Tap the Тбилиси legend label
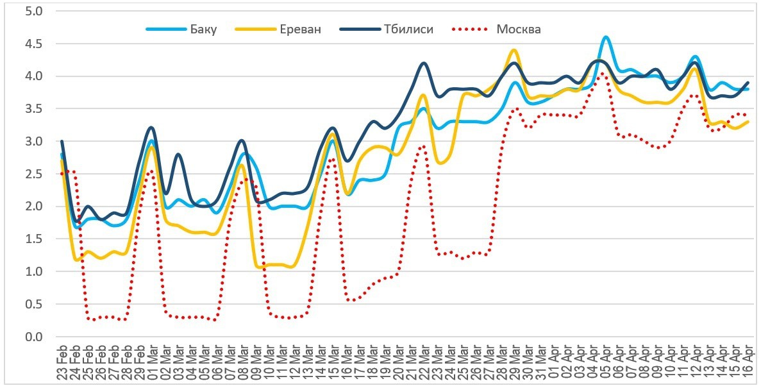(x=407, y=30)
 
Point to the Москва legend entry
(x=518, y=30)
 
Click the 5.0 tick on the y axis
(x=34, y=12)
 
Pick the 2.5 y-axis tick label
(x=34, y=174)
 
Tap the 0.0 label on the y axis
(x=34, y=337)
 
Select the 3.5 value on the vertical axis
(x=34, y=109)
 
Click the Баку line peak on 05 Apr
(x=605, y=37)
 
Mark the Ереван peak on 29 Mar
(x=514, y=50)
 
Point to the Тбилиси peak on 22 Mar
(x=423, y=63)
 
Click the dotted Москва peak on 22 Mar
(x=422, y=146)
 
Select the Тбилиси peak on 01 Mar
(x=151, y=128)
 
